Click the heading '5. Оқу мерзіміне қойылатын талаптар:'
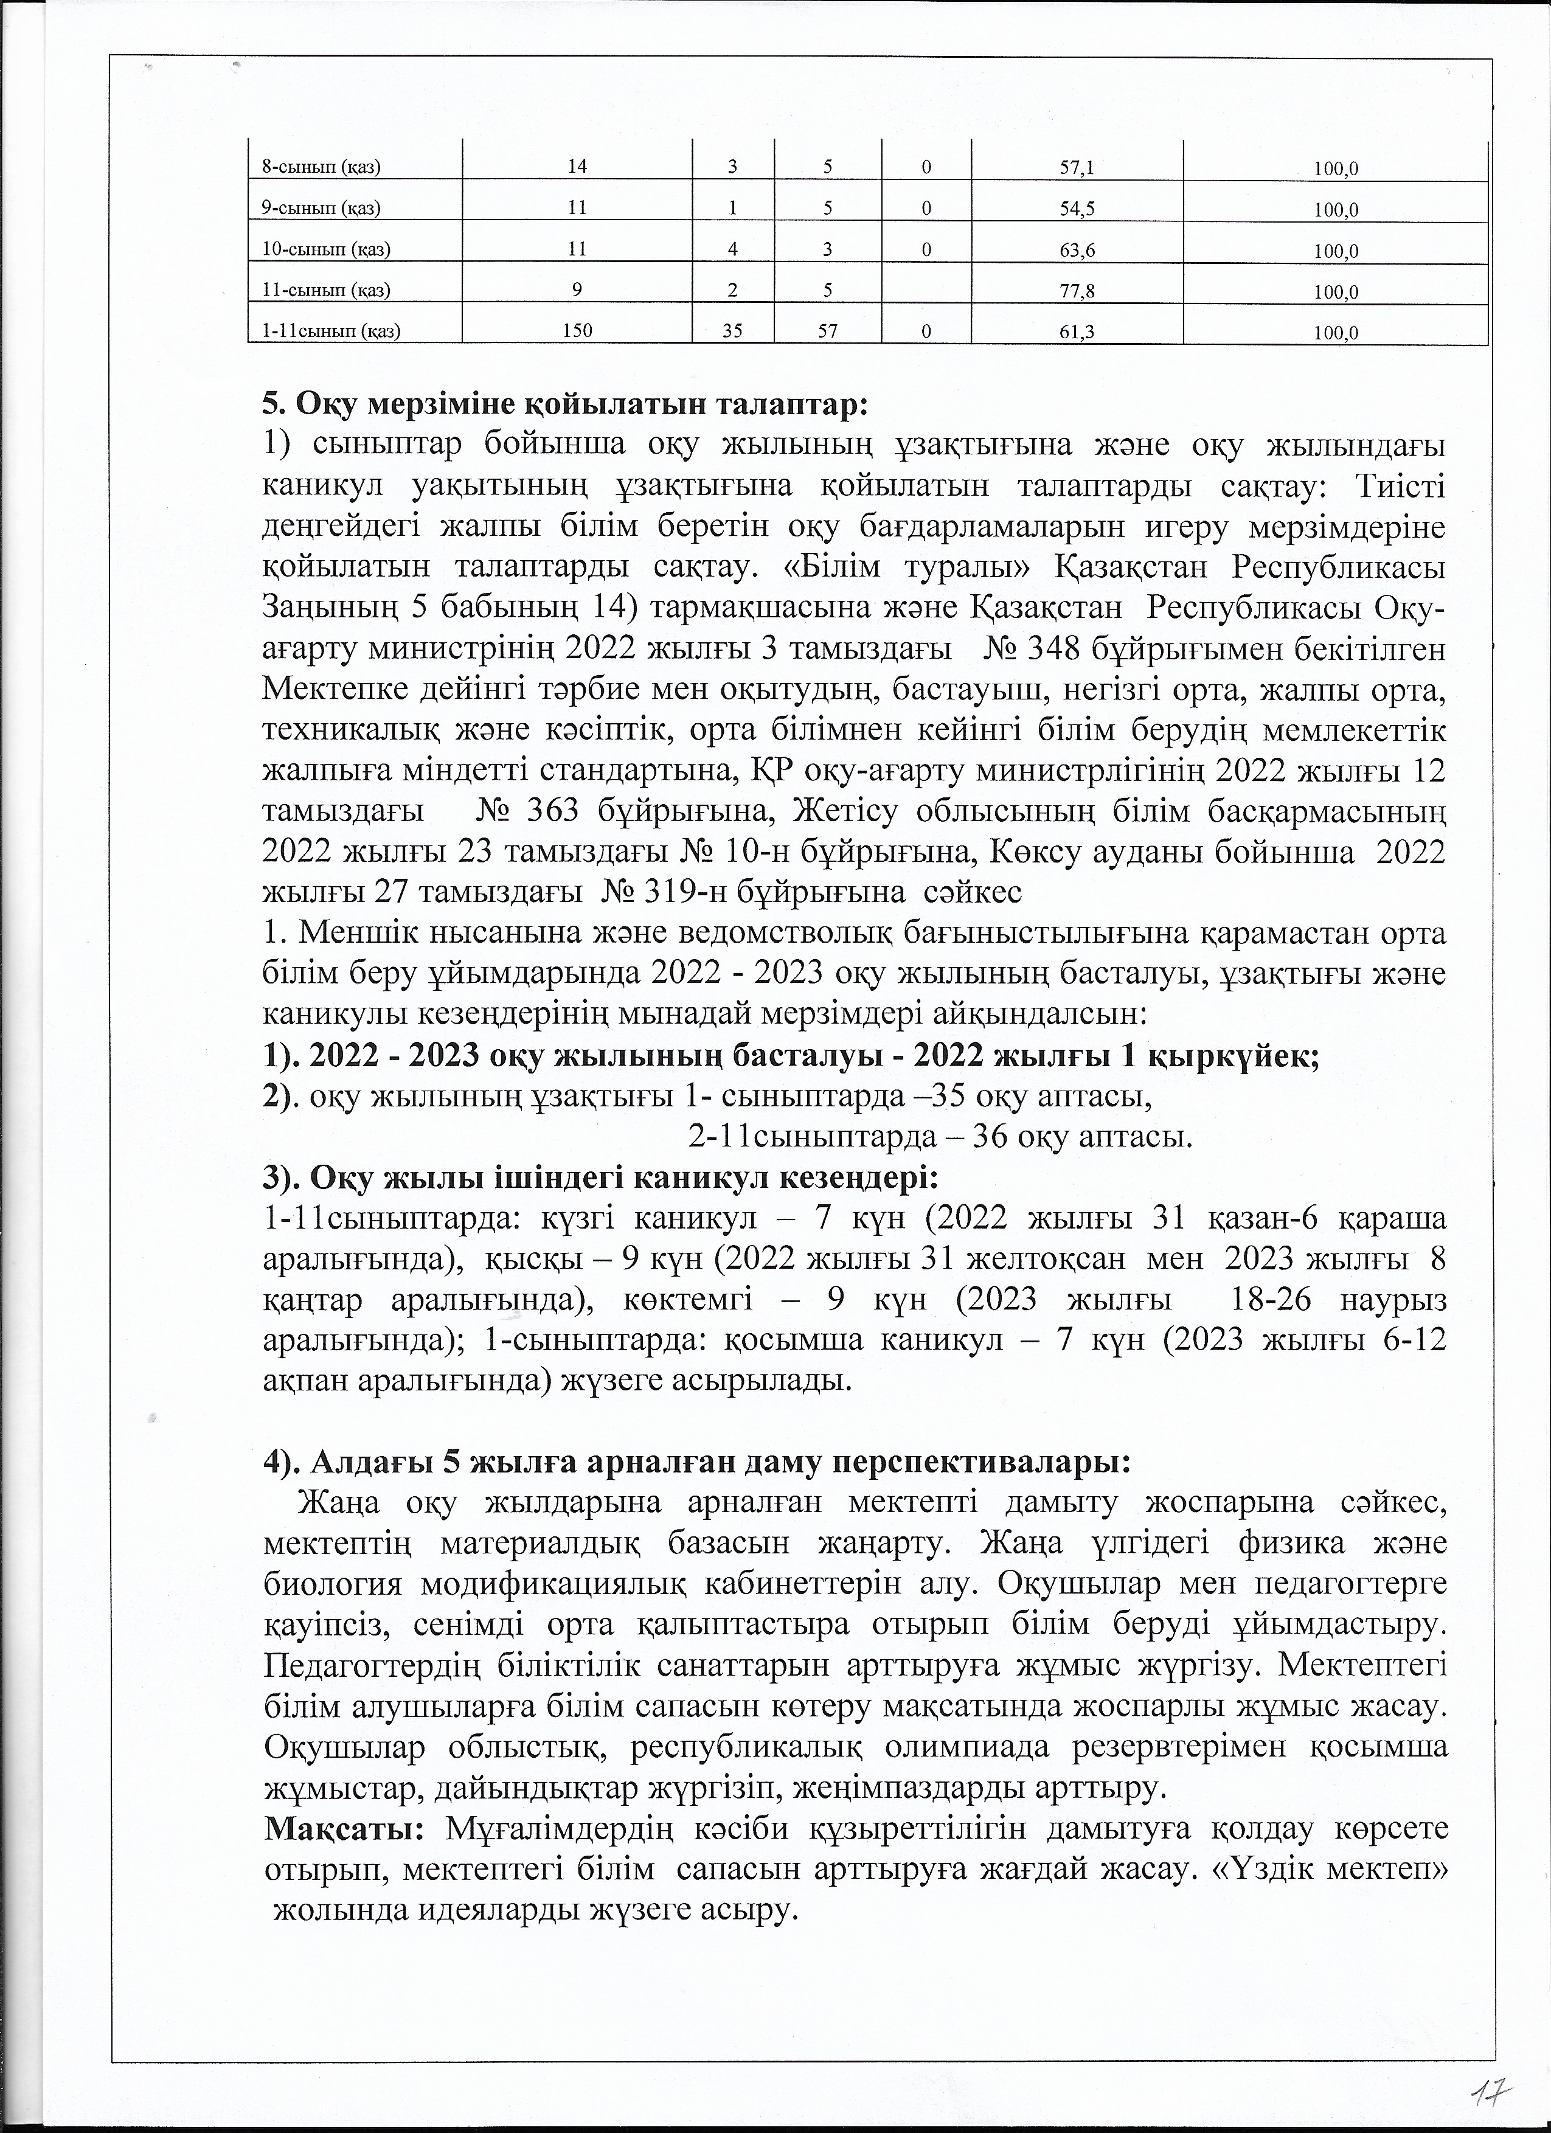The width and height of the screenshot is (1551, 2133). pyautogui.click(x=561, y=405)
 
